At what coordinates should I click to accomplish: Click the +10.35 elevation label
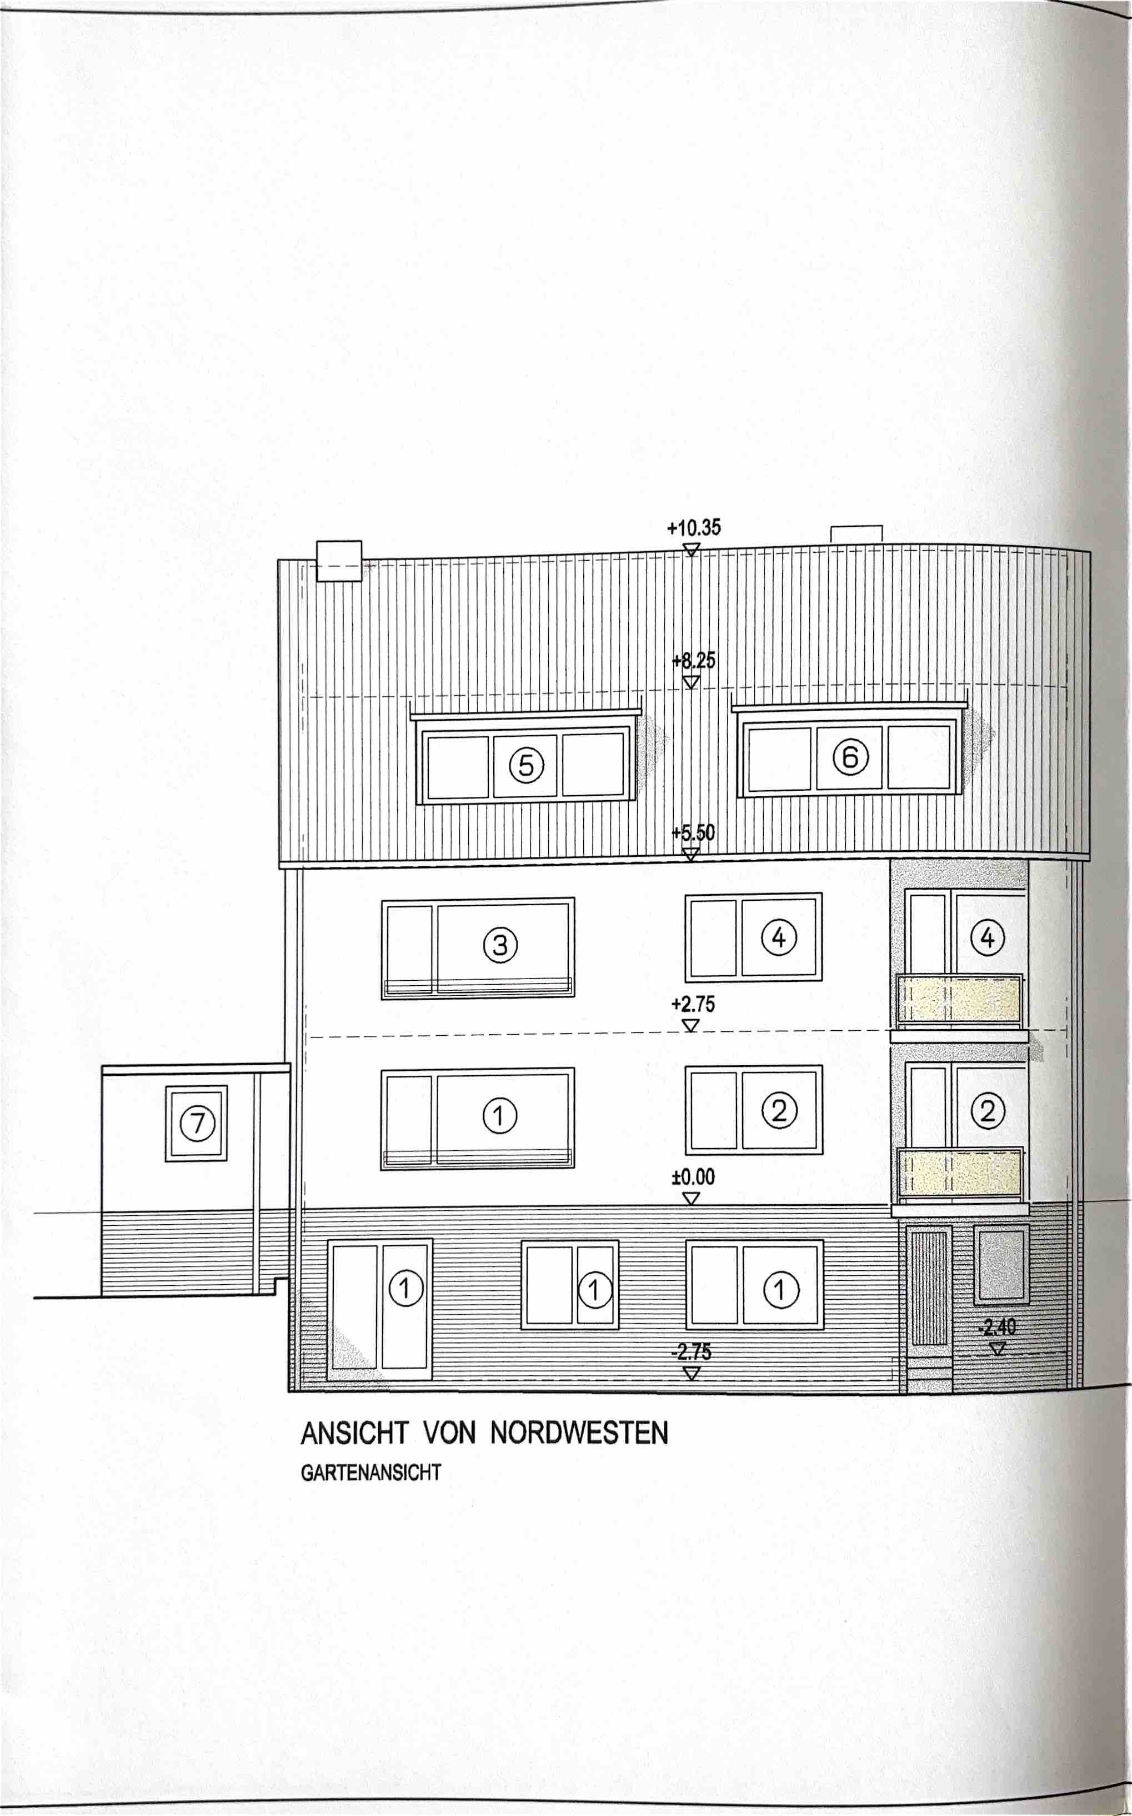pyautogui.click(x=693, y=528)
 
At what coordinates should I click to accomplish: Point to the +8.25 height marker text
pyautogui.click(x=693, y=661)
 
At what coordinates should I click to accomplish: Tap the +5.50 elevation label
pyautogui.click(x=693, y=833)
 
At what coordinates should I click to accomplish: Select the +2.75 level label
pyautogui.click(x=693, y=1004)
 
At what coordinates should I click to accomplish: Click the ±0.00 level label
pyautogui.click(x=693, y=1177)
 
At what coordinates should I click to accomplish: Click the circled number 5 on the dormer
pyautogui.click(x=527, y=765)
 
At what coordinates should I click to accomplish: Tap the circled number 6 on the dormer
pyautogui.click(x=850, y=758)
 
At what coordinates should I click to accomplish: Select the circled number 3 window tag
pyautogui.click(x=500, y=945)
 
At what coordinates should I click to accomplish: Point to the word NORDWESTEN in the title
pyautogui.click(x=579, y=1433)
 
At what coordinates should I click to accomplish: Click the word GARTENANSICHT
pyautogui.click(x=370, y=1472)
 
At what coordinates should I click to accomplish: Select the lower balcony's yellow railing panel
pyautogui.click(x=960, y=1173)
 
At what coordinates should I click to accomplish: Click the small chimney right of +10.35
pyautogui.click(x=856, y=534)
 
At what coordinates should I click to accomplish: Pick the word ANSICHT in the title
pyautogui.click(x=355, y=1433)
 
